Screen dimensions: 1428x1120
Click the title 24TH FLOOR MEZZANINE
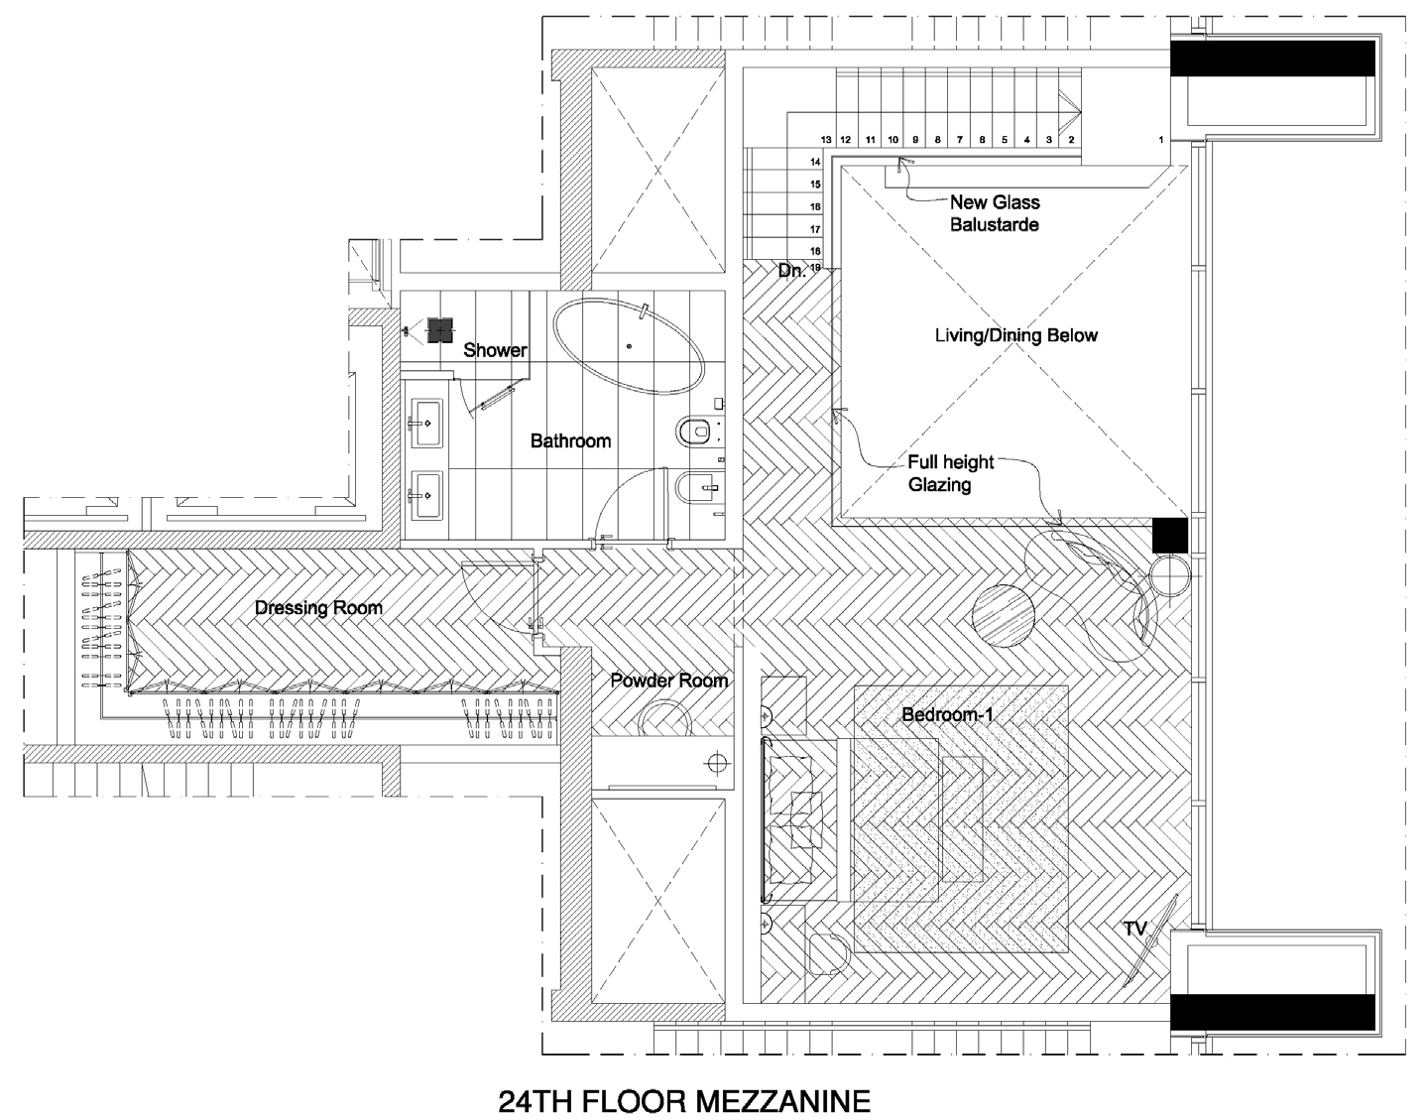coord(684,1100)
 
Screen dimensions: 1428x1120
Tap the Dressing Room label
coord(318,608)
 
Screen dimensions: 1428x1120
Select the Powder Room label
coord(669,681)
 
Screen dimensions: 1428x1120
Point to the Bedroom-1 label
coord(948,714)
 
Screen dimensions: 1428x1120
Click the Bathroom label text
coord(570,440)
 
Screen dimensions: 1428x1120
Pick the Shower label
coord(495,349)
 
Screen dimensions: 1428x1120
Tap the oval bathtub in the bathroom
coord(629,346)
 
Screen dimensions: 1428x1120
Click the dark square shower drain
coord(439,330)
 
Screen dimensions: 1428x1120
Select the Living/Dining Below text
coord(1016,335)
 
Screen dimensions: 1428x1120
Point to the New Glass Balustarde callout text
coord(995,213)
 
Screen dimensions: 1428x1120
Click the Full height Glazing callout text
coord(950,473)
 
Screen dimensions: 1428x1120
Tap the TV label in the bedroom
coord(1134,929)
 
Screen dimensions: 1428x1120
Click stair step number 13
coord(826,139)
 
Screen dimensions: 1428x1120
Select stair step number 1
coord(1161,139)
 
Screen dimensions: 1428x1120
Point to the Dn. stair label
coord(791,270)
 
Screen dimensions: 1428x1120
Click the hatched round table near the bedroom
coord(1004,616)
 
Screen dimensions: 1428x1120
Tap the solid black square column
coord(1170,535)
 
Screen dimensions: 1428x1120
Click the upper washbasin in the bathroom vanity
coord(426,424)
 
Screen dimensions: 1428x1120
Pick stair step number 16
coord(815,207)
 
